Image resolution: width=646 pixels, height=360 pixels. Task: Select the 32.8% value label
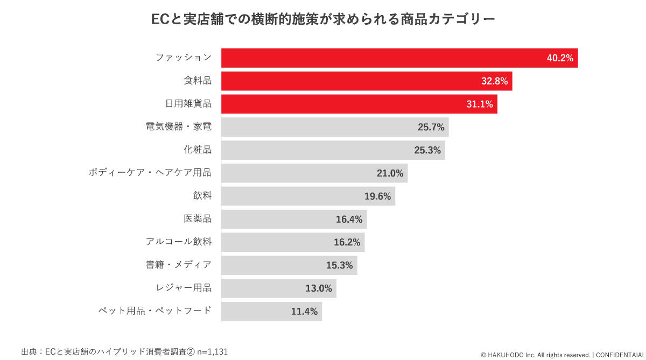494,81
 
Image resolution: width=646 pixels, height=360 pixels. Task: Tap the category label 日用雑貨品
188,104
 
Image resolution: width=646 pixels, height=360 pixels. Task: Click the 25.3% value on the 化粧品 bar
427,150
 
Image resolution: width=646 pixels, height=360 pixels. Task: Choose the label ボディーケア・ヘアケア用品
150,173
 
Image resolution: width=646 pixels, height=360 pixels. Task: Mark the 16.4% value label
349,219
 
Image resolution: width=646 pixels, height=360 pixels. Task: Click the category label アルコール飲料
179,242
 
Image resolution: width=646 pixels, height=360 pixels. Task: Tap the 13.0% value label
319,288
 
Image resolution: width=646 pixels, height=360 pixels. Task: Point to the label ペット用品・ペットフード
155,310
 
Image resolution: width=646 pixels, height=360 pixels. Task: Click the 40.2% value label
560,58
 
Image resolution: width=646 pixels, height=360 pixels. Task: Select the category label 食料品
198,81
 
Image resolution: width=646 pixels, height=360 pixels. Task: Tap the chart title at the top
323,19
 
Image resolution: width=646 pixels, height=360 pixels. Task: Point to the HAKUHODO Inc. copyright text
536,355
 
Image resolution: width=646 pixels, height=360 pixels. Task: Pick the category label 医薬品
198,219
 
